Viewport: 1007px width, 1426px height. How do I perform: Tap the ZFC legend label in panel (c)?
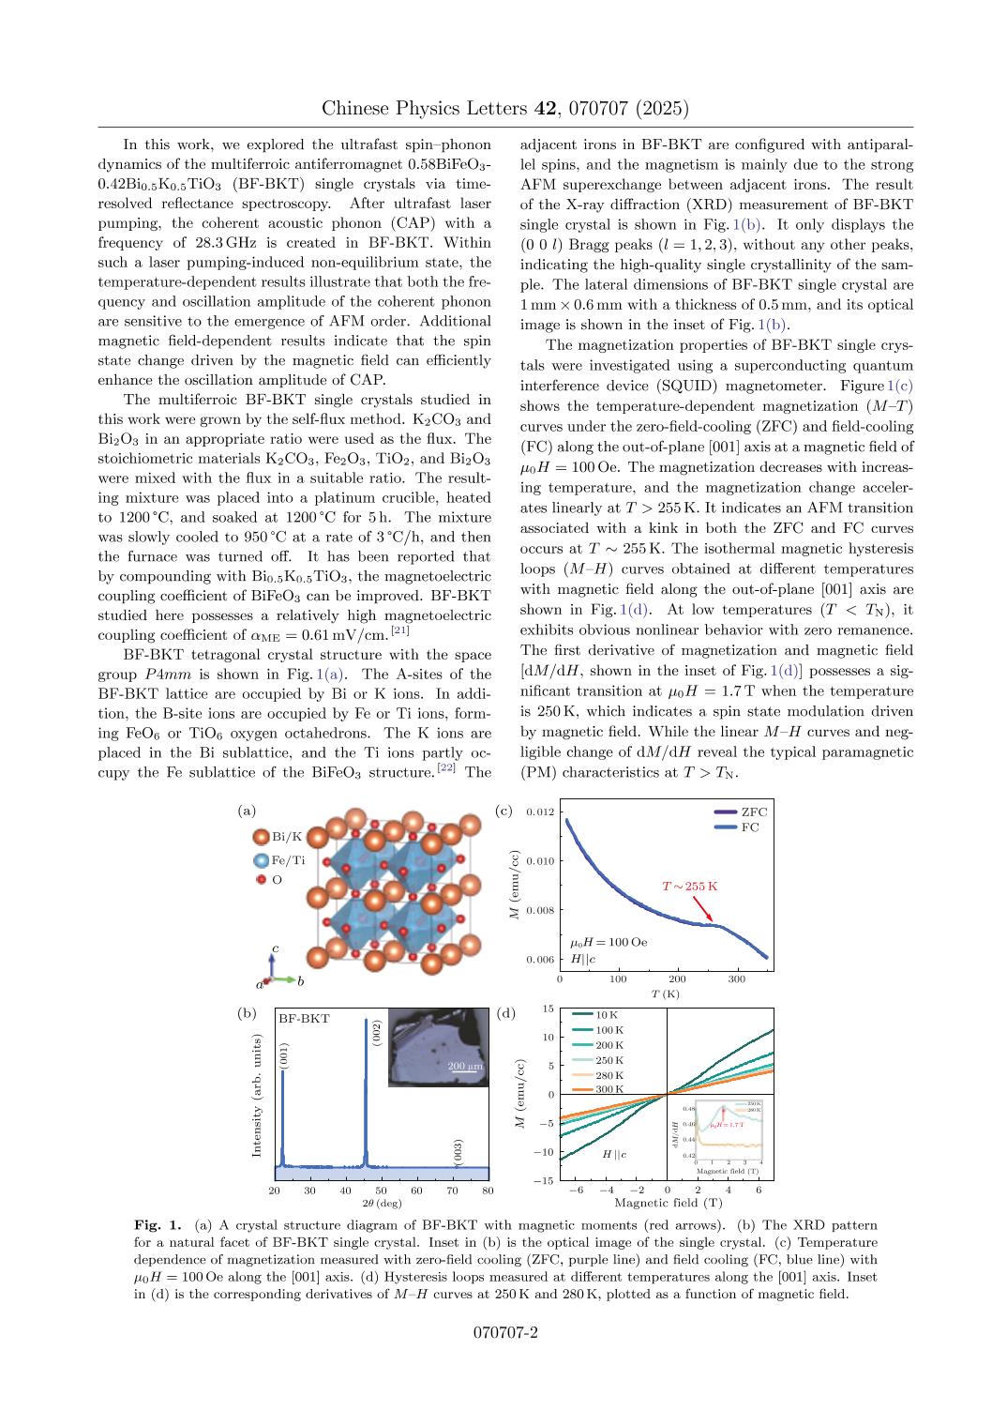pos(754,812)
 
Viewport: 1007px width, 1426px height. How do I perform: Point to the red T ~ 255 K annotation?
pos(689,886)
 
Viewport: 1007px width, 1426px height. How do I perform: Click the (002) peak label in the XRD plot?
pos(377,1033)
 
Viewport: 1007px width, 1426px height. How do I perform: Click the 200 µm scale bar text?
pos(464,1066)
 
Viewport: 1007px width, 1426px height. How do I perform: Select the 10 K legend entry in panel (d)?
pos(608,1014)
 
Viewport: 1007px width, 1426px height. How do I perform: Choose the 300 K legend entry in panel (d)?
pos(608,1089)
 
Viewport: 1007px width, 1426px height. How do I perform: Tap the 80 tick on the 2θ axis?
pos(488,1191)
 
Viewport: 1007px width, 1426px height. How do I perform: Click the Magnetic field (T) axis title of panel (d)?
pos(668,1203)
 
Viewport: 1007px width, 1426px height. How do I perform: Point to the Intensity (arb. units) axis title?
pos(257,1095)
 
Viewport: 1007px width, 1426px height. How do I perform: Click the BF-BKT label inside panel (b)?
pos(304,1018)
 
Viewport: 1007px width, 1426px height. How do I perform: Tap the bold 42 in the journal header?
pos(545,109)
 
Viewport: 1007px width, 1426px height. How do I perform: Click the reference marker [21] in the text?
pos(400,630)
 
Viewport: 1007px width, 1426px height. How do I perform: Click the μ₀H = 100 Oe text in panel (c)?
pos(609,941)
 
